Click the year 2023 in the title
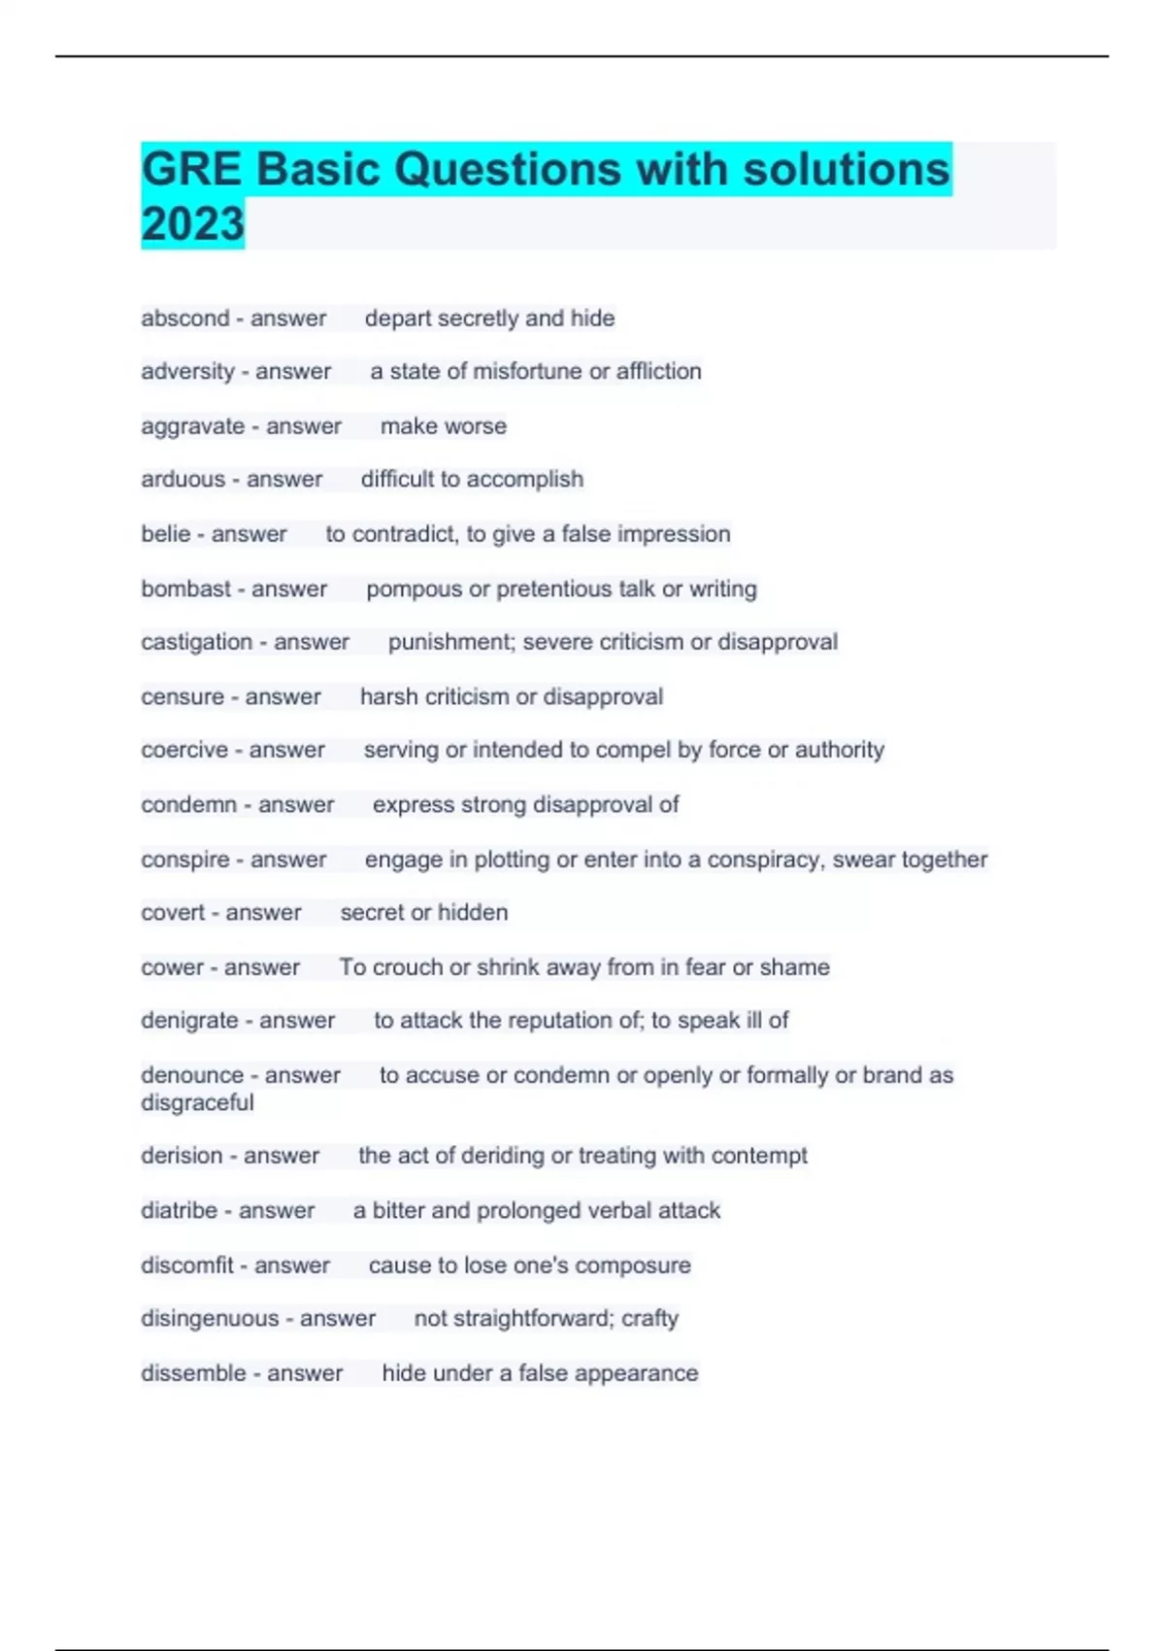tap(192, 223)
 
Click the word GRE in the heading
tap(190, 169)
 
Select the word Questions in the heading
tap(508, 169)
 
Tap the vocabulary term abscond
tap(184, 318)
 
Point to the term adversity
tap(187, 371)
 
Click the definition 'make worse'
tap(443, 425)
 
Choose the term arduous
tap(183, 479)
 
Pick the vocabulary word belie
tap(165, 533)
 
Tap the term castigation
tap(196, 642)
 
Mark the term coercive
tap(183, 750)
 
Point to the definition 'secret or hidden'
tap(423, 912)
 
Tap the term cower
tap(172, 967)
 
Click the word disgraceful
tap(197, 1102)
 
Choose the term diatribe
tap(179, 1210)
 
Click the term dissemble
tap(192, 1373)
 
